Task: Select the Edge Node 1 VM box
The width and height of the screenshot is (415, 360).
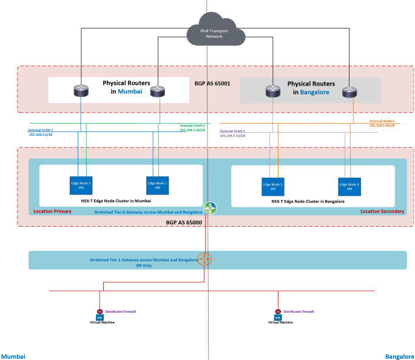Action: coord(81,185)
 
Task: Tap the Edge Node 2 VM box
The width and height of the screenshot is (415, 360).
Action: coord(157,185)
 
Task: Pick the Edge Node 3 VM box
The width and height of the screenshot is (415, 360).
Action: coord(273,186)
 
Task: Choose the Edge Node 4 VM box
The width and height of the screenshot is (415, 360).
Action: coord(349,186)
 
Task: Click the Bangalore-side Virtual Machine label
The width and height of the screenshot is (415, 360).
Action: coord(280,322)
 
